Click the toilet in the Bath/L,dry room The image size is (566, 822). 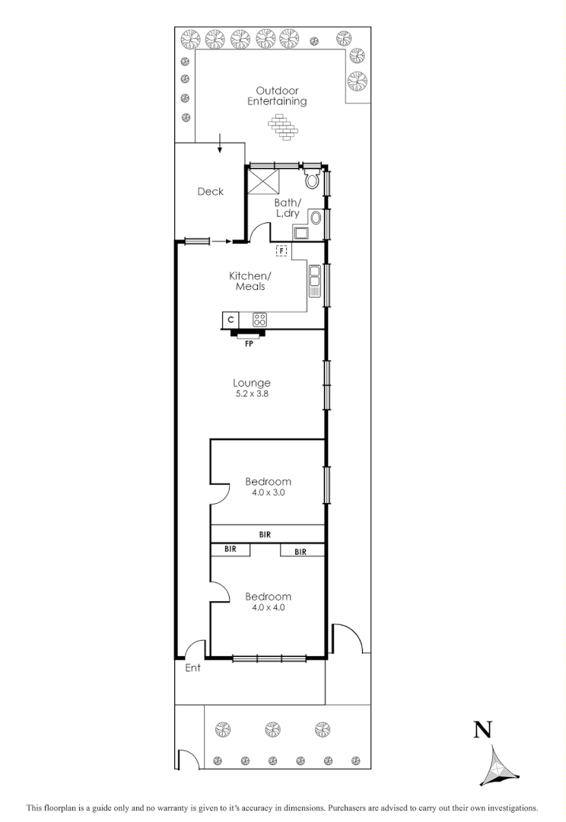[311, 180]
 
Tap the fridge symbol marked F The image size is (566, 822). [281, 250]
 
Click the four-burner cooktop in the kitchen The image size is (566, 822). [259, 320]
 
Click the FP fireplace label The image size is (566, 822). [249, 344]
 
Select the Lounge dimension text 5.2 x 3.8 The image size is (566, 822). [253, 395]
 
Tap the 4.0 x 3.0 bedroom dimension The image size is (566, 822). [268, 492]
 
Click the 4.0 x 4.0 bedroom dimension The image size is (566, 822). [268, 607]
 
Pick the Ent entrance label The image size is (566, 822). [193, 668]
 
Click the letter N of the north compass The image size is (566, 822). [482, 731]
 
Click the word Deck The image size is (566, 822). [210, 192]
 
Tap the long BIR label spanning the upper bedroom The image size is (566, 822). [265, 535]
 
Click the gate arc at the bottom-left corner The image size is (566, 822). [184, 760]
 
